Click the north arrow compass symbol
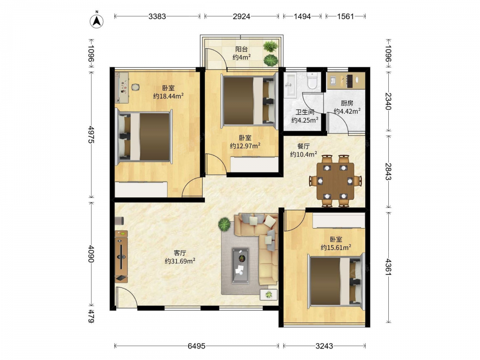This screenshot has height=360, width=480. point(96,21)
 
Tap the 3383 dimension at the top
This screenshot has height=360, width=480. point(157,16)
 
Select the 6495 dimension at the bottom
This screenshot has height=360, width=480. point(196,346)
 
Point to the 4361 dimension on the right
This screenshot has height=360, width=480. point(388,267)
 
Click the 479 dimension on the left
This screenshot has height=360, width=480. point(91,316)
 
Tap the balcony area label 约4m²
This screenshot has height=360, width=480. point(241,57)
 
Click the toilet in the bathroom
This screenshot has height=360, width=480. point(312,81)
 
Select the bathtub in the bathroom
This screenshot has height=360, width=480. point(289,85)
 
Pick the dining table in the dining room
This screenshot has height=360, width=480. point(335,181)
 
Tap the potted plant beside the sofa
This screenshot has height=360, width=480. point(224,224)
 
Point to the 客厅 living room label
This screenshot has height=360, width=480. point(180,253)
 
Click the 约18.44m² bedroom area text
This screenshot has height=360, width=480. point(168,96)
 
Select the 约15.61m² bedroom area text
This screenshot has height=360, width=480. point(336,247)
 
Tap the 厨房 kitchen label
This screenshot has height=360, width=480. point(347,103)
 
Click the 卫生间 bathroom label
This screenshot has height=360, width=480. point(305,112)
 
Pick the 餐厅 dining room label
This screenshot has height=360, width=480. point(303,146)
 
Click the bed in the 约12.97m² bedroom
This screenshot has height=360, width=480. point(249,101)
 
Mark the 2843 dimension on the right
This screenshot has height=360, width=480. point(388,172)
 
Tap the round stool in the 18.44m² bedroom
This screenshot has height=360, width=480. point(135,87)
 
